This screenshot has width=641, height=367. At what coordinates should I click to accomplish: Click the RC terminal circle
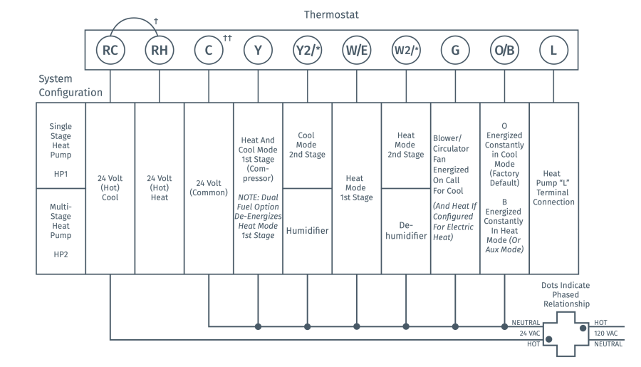point(110,51)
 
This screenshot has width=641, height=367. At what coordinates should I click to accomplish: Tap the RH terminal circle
point(160,51)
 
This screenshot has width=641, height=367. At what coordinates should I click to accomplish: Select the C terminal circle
point(209,51)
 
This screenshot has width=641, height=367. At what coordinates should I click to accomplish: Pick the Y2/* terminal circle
point(308,51)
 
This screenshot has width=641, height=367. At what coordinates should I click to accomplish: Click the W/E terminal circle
point(357,51)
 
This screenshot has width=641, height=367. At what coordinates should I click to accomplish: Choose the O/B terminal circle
point(504,51)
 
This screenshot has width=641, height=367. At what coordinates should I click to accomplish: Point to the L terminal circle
point(553,51)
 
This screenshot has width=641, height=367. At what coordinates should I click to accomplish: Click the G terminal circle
point(455,51)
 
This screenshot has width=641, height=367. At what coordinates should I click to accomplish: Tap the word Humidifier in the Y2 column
point(308,230)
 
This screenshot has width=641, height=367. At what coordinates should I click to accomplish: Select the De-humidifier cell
point(406,230)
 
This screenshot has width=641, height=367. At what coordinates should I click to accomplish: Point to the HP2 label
point(61,254)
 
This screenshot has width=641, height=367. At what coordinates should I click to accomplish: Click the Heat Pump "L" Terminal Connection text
point(553,187)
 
